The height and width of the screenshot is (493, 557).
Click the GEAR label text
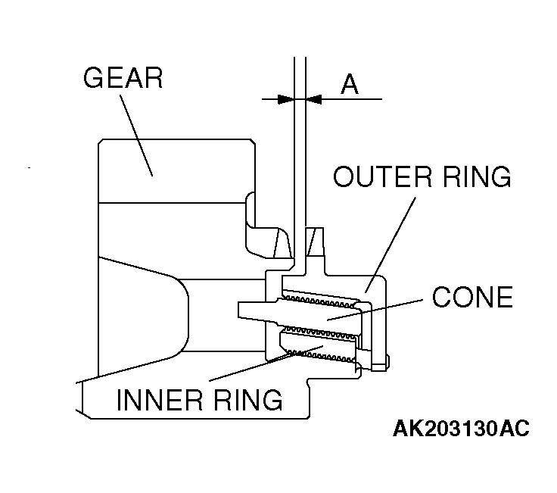(x=123, y=78)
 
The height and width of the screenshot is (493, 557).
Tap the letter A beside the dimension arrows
(x=349, y=84)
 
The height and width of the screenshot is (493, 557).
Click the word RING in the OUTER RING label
(x=472, y=177)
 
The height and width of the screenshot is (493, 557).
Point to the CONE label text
(x=472, y=297)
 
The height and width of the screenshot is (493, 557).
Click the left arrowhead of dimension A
(x=285, y=98)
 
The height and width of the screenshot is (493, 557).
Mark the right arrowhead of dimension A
(x=312, y=98)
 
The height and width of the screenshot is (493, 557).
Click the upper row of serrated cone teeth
(x=322, y=298)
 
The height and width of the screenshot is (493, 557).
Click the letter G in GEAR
(x=95, y=78)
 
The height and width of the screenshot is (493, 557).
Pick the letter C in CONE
(x=443, y=297)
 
